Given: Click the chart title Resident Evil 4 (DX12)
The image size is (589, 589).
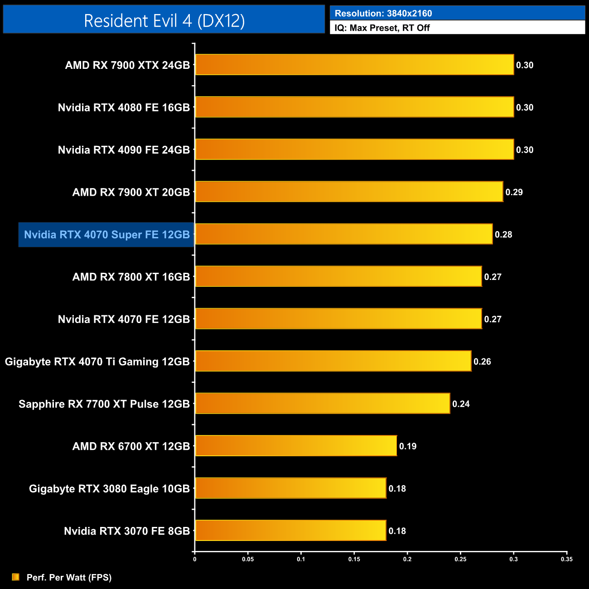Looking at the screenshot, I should coord(164,20).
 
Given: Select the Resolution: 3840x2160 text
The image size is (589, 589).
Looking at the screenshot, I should coord(383,14).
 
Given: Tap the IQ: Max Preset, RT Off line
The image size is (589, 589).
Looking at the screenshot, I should coord(382,28).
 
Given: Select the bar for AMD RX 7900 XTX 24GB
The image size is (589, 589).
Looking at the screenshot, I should coord(354,65).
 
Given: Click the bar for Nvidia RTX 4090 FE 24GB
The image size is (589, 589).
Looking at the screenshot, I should coord(354,150).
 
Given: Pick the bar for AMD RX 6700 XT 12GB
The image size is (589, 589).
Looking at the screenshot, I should coord(296,446).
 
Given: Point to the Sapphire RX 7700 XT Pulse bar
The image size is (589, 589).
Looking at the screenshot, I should coord(323,403).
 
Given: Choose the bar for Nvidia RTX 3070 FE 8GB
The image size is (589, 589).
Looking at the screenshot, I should coord(290,531).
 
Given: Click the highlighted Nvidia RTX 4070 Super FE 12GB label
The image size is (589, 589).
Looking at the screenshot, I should coord(107,235).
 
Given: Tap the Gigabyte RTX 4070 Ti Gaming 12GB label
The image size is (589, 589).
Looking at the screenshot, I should coord(97,362).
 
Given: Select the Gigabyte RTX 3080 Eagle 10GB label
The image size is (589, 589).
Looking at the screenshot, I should coord(109,489).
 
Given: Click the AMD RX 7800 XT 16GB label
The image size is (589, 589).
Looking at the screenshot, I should coord(131,277).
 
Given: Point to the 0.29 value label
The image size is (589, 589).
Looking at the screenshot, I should coord(514,192).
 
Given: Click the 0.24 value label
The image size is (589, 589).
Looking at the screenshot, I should coord(461,404).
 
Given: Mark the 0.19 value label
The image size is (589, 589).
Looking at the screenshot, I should coord(408,446).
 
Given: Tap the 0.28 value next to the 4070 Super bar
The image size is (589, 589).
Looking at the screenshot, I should coord(503,235).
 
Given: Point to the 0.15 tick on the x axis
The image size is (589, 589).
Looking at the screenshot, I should coord(354,559).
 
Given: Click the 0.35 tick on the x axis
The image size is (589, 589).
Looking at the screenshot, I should coord(567,559).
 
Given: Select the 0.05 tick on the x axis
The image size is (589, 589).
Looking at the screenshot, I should coord(248,559).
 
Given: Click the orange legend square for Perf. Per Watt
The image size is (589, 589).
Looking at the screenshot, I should coord(16,577).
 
